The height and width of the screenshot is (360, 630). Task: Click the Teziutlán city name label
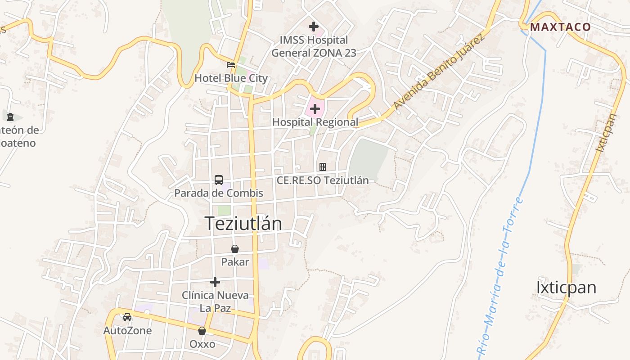click(243, 223)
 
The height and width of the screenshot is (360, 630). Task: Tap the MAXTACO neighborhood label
click(560, 27)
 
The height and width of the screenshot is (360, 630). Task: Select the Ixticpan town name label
click(566, 287)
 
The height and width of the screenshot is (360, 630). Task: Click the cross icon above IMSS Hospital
click(314, 27)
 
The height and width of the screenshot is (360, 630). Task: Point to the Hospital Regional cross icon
click(315, 109)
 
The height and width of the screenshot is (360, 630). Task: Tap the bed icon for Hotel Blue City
click(231, 65)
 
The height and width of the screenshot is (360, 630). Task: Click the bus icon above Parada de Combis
click(219, 180)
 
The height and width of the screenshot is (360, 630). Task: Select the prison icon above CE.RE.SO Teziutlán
click(323, 167)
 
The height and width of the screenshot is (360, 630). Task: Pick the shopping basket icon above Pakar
click(235, 249)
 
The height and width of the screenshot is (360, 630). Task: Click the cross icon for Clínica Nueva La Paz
click(215, 282)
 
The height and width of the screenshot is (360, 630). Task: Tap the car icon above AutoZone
click(127, 317)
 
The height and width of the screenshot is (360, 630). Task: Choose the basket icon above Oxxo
click(202, 331)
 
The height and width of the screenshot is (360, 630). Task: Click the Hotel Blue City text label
click(231, 78)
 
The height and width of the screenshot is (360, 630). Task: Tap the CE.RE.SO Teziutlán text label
click(323, 180)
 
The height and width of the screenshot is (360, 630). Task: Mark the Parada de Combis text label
click(219, 193)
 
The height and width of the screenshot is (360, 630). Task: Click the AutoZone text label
click(127, 331)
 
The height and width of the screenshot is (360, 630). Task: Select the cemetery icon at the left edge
click(10, 117)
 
